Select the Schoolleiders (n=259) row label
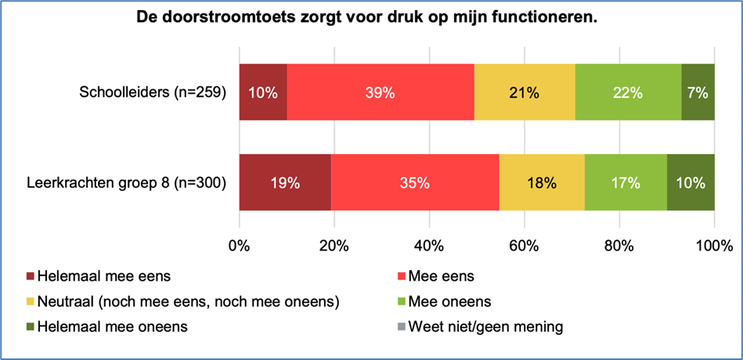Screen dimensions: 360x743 click(x=153, y=92)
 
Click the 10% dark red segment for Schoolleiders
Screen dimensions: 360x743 click(x=263, y=92)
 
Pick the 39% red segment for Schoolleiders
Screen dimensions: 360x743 click(x=381, y=92)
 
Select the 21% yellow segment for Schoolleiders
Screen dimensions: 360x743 click(x=525, y=92)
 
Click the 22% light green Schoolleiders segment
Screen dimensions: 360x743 click(x=628, y=92)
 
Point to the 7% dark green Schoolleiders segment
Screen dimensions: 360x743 click(x=698, y=92)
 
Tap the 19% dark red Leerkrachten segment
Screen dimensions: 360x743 click(x=285, y=183)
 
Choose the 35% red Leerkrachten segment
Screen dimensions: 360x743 click(x=415, y=183)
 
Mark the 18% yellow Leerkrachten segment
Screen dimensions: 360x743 click(x=542, y=183)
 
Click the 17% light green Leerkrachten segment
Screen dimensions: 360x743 click(x=626, y=183)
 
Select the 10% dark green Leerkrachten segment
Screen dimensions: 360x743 click(x=691, y=183)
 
